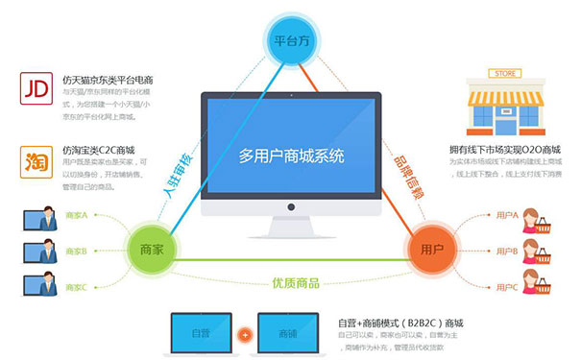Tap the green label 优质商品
[294, 284]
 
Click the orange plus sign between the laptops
[244, 335]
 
